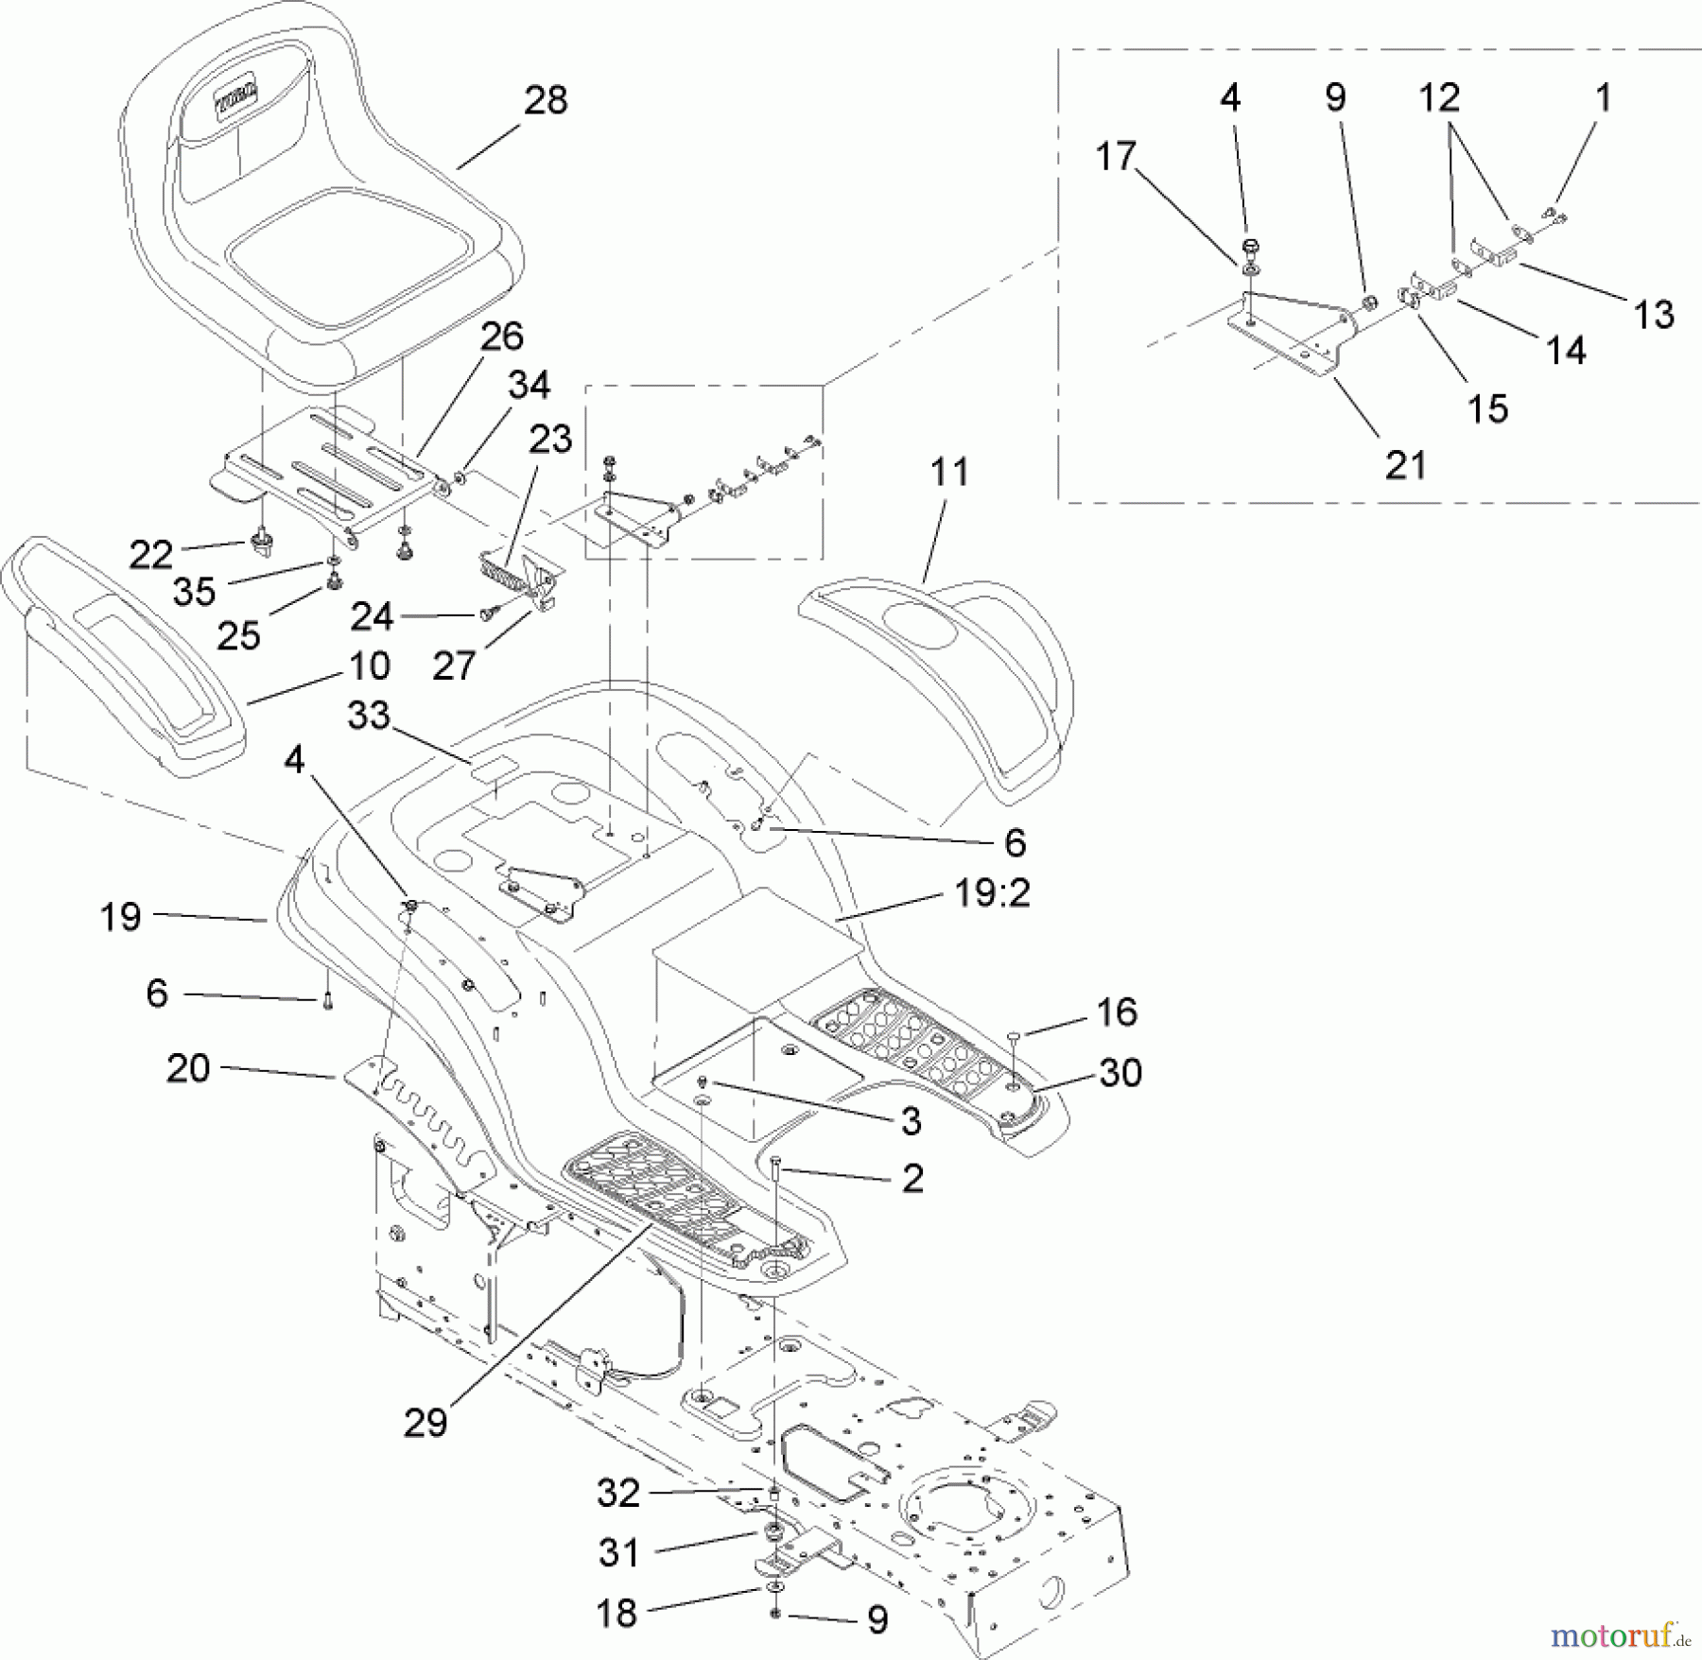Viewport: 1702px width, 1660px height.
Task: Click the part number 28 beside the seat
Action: pyautogui.click(x=546, y=100)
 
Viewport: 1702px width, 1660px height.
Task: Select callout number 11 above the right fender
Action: pyautogui.click(x=949, y=472)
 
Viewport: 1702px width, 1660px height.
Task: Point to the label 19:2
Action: pyautogui.click(x=992, y=892)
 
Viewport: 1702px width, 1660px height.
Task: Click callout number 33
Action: pyautogui.click(x=368, y=715)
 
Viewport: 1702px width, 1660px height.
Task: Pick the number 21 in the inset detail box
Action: pyautogui.click(x=1405, y=465)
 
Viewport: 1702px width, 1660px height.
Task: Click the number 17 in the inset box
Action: pyautogui.click(x=1115, y=157)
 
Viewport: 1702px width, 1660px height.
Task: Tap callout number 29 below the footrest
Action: pyautogui.click(x=425, y=1422)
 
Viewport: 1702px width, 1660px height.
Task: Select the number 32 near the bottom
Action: pyautogui.click(x=618, y=1493)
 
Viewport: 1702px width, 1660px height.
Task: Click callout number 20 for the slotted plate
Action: pyautogui.click(x=187, y=1068)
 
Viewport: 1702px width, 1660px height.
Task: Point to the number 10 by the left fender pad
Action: pyautogui.click(x=370, y=666)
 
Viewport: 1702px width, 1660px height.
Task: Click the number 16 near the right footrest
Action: pyautogui.click(x=1117, y=1012)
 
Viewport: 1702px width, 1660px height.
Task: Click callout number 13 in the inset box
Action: pyautogui.click(x=1653, y=315)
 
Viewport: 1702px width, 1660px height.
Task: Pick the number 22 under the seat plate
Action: pyautogui.click(x=150, y=555)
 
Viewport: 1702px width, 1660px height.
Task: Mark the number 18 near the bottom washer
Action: pyautogui.click(x=617, y=1613)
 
